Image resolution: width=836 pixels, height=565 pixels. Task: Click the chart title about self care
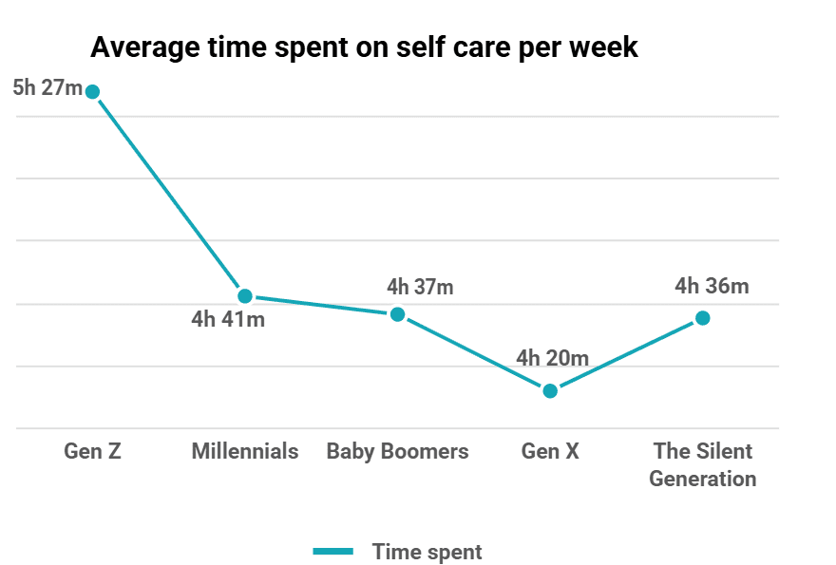[x=364, y=47]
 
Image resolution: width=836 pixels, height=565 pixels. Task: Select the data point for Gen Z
[x=92, y=92]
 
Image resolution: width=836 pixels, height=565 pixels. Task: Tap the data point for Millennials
[x=245, y=296]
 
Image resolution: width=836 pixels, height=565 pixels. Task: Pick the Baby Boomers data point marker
[x=398, y=314]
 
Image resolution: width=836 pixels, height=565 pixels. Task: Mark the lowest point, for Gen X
[x=550, y=390]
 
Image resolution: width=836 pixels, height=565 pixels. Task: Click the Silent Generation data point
[x=702, y=318]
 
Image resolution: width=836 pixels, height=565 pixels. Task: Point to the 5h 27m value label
[x=47, y=88]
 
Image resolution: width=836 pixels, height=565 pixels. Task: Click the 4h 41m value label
[x=228, y=319]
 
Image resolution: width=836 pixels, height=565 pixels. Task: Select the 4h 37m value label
[x=420, y=286]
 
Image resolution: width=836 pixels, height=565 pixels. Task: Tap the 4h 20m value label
[x=553, y=358]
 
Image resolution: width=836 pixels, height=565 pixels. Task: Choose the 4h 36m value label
[x=712, y=286]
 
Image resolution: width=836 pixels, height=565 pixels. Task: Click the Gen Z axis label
[x=92, y=451]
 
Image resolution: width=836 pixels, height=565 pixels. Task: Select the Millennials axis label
[x=245, y=451]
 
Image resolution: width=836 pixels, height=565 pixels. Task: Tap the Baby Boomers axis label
[x=397, y=451]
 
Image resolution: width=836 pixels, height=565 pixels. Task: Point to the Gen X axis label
[x=550, y=451]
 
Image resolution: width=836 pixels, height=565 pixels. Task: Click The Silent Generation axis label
[x=702, y=464]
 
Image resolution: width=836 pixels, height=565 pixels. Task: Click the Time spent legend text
[x=427, y=552]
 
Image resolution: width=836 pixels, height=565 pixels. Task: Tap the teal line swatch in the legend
[x=333, y=552]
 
